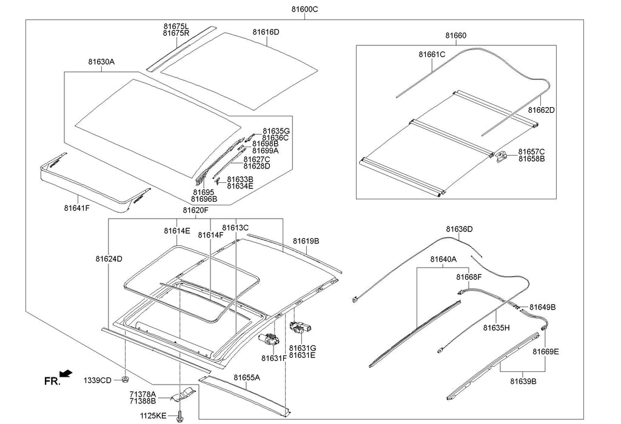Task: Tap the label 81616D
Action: tap(266, 31)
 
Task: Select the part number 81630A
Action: tap(101, 62)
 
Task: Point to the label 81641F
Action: tap(77, 208)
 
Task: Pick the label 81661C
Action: tap(432, 55)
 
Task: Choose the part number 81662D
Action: tap(542, 110)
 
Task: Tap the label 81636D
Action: tap(459, 229)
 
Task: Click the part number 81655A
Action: tap(247, 377)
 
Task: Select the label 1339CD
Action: tap(98, 380)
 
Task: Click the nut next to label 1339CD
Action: tap(124, 380)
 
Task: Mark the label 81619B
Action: tap(306, 241)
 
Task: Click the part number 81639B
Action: tap(523, 381)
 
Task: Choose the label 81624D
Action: tap(109, 259)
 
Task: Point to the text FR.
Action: tap(52, 382)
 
